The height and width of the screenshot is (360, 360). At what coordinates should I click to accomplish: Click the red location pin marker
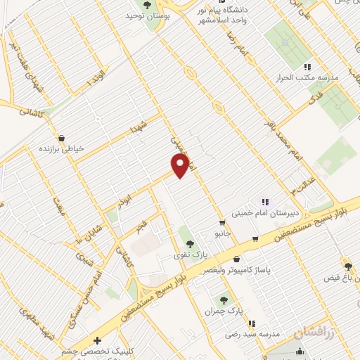pyautogui.click(x=181, y=165)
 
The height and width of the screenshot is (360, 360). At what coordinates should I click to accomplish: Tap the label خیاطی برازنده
pyautogui.click(x=61, y=149)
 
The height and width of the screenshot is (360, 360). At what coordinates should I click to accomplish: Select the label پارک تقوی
pyautogui.click(x=187, y=255)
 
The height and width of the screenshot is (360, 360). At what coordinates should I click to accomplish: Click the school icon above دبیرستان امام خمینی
pyautogui.click(x=265, y=202)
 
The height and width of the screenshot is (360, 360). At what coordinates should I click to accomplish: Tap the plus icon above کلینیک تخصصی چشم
pyautogui.click(x=106, y=340)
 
